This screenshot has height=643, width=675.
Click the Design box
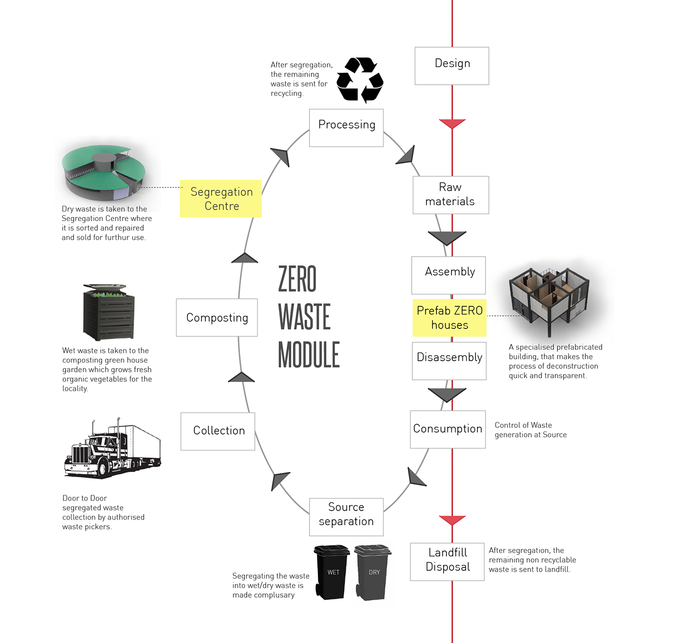click(452, 66)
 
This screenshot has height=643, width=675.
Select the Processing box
click(346, 128)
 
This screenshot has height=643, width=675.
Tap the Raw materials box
click(450, 195)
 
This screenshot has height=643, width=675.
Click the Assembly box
click(448, 275)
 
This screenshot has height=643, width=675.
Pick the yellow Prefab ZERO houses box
click(449, 318)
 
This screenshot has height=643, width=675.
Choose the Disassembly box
click(449, 361)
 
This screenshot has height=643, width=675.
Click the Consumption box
click(447, 429)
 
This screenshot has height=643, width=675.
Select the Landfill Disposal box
click(447, 562)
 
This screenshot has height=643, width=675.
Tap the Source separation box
click(346, 517)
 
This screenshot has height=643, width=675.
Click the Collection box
click(218, 431)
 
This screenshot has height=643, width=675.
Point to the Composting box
click(216, 317)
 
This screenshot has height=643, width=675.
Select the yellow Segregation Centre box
click(221, 198)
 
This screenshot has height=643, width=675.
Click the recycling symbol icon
click(360, 80)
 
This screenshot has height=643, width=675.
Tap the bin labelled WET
click(332, 572)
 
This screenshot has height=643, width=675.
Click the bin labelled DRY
click(373, 572)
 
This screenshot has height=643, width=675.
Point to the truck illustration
click(113, 448)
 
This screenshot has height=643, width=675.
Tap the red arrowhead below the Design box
click(452, 124)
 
